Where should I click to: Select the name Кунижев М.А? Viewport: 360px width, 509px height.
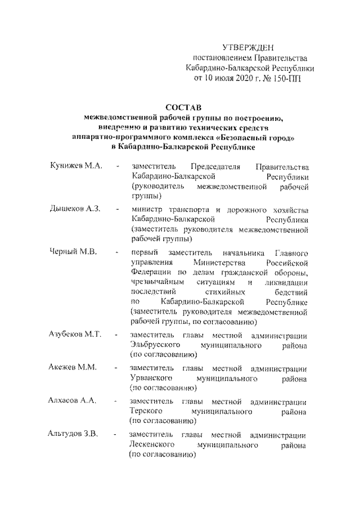point(74,166)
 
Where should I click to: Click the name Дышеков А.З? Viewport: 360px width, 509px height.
point(74,209)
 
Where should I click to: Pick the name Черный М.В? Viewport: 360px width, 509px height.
point(70,251)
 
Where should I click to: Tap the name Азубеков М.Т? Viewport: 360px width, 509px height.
point(74,335)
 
